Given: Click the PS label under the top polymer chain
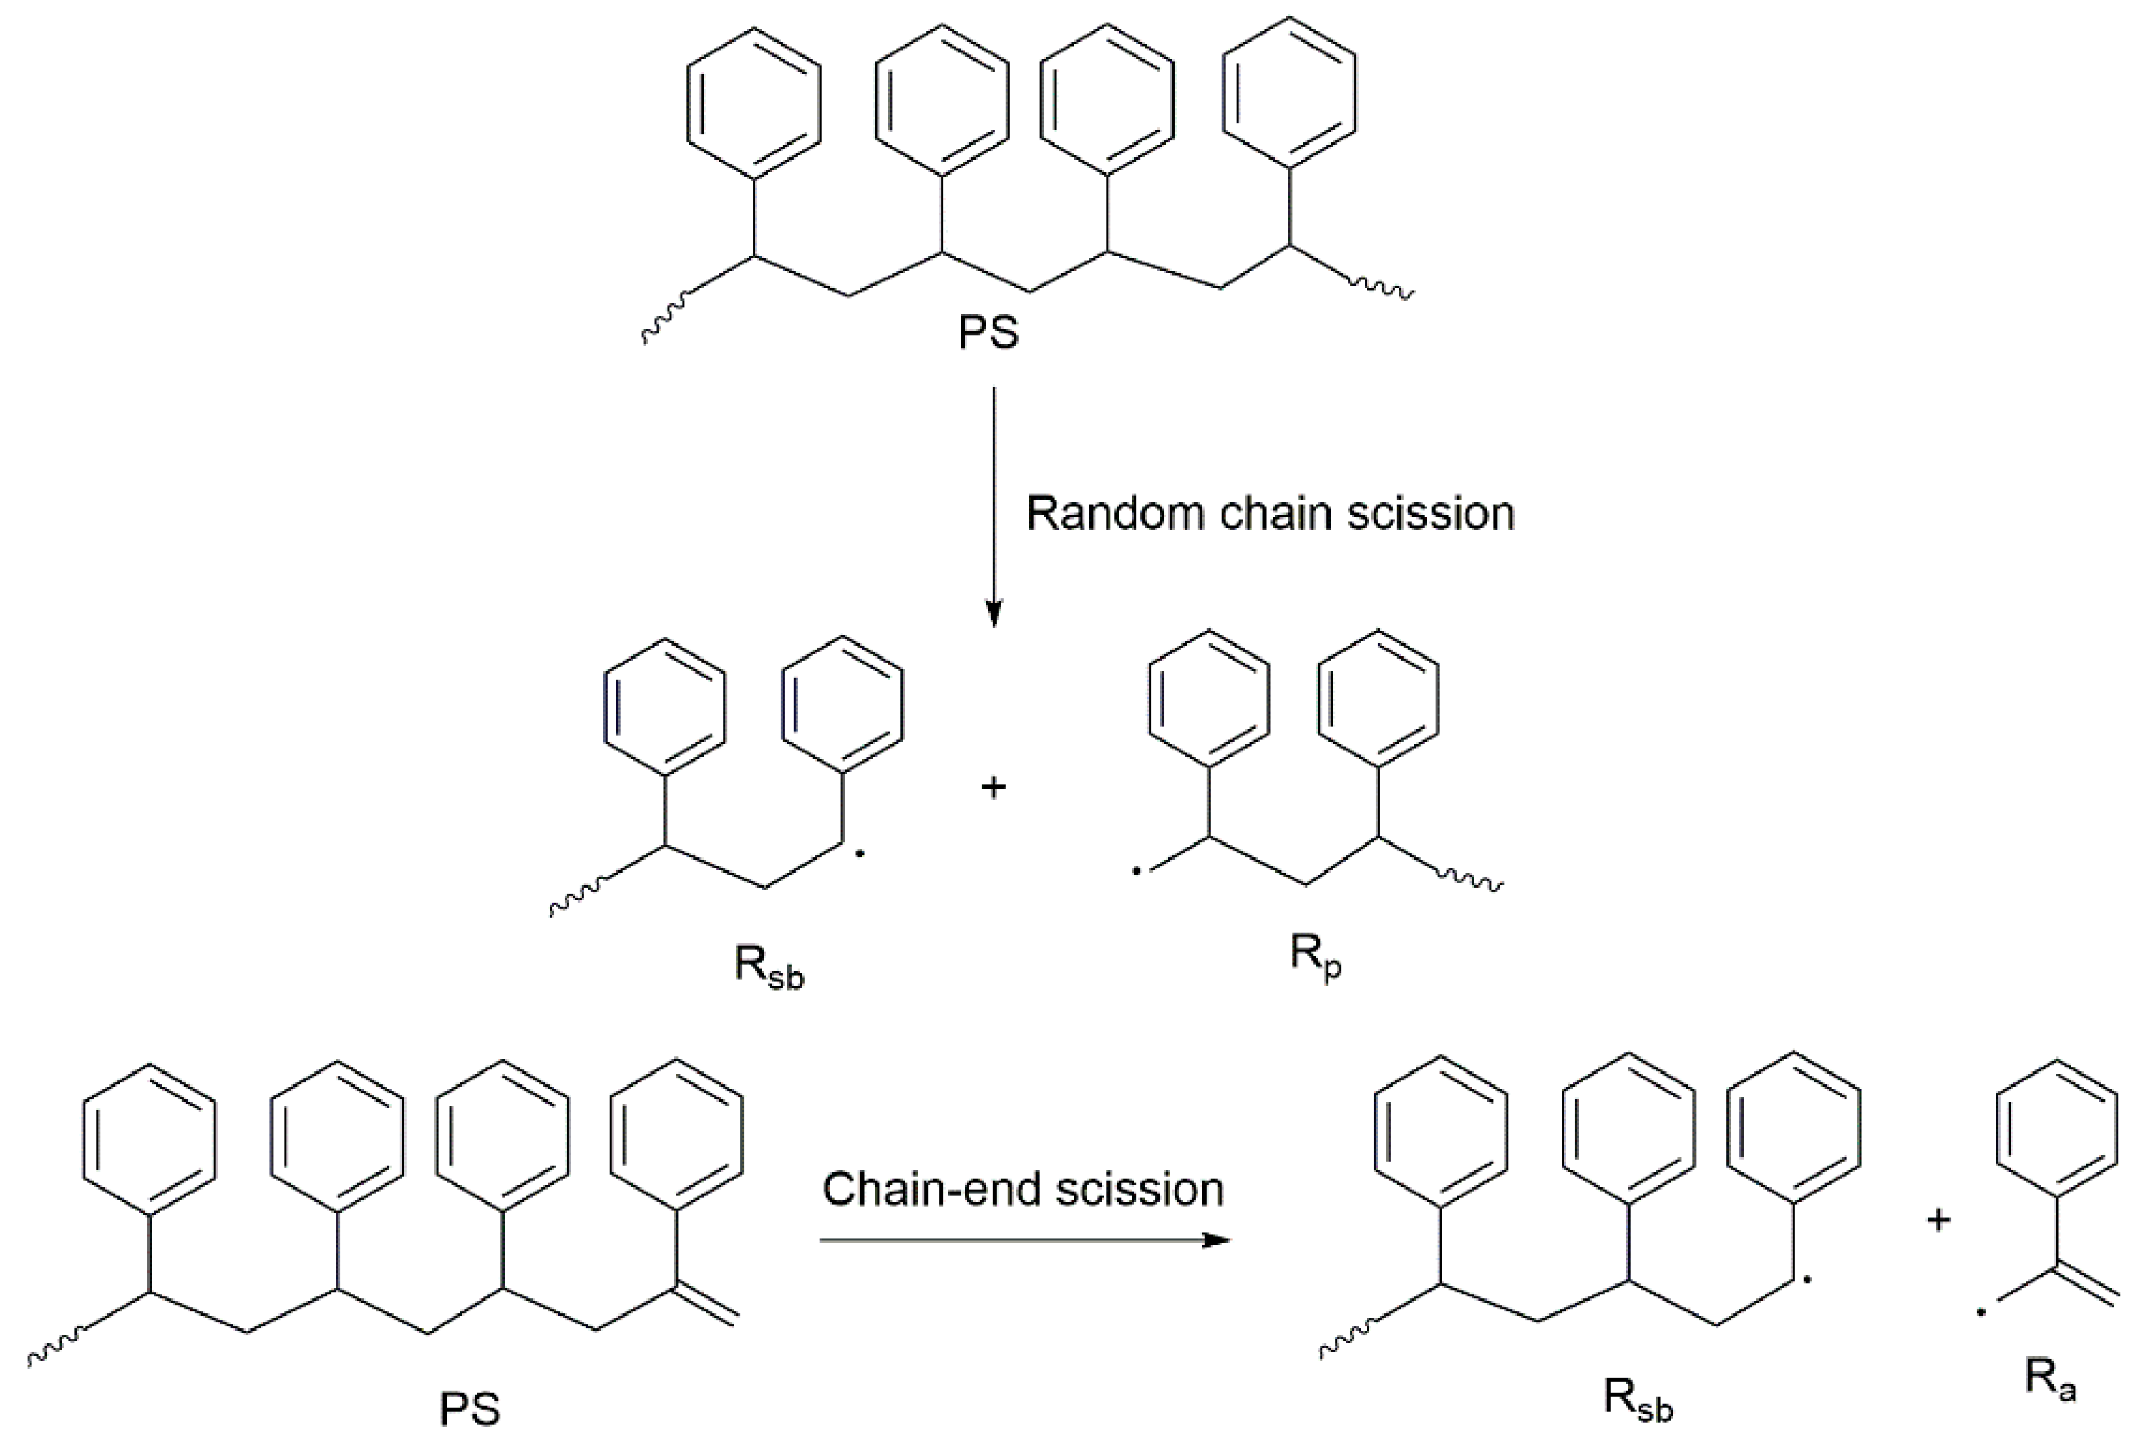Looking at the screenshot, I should pyautogui.click(x=988, y=332).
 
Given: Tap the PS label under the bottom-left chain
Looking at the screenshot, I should pyautogui.click(x=470, y=1409).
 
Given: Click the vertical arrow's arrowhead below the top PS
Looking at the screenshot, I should pyautogui.click(x=993, y=614).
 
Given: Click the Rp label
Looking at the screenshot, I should pyautogui.click(x=1315, y=959).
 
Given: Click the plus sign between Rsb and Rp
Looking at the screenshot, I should pyautogui.click(x=993, y=787).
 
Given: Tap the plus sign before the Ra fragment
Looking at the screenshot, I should pyautogui.click(x=1938, y=1220).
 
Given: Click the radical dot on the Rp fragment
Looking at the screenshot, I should pyautogui.click(x=1136, y=870).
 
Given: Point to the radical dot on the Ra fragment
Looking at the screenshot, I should pyautogui.click(x=1980, y=1312).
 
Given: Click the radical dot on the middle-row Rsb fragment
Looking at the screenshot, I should pyautogui.click(x=860, y=855).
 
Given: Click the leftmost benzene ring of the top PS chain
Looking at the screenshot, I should pyautogui.click(x=754, y=102).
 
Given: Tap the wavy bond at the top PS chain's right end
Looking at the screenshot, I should pyautogui.click(x=1381, y=287).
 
